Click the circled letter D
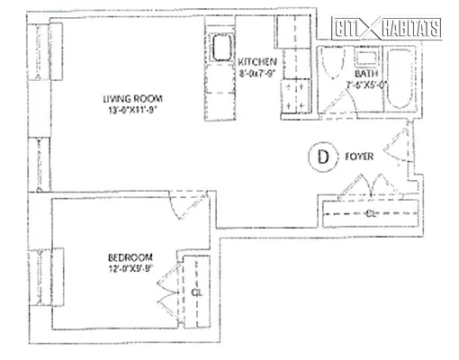[x=322, y=156]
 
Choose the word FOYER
[x=360, y=156]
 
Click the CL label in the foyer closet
[x=371, y=212]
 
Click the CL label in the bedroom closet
[x=195, y=292]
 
